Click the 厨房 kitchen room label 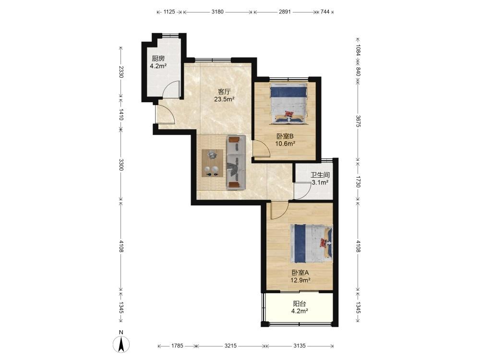(158, 59)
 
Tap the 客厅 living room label (224, 92)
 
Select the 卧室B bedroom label (285, 136)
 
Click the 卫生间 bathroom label (320, 175)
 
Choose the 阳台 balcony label (300, 304)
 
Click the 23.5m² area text (224, 99)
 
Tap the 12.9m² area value (300, 280)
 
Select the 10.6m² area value (285, 144)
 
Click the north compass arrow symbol (121, 344)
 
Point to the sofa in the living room (236, 162)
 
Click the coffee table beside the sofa (212, 163)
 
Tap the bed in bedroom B (288, 104)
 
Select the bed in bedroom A (311, 244)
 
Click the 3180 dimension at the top (217, 12)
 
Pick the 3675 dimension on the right (358, 121)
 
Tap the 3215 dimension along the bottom (230, 346)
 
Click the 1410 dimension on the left (121, 114)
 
